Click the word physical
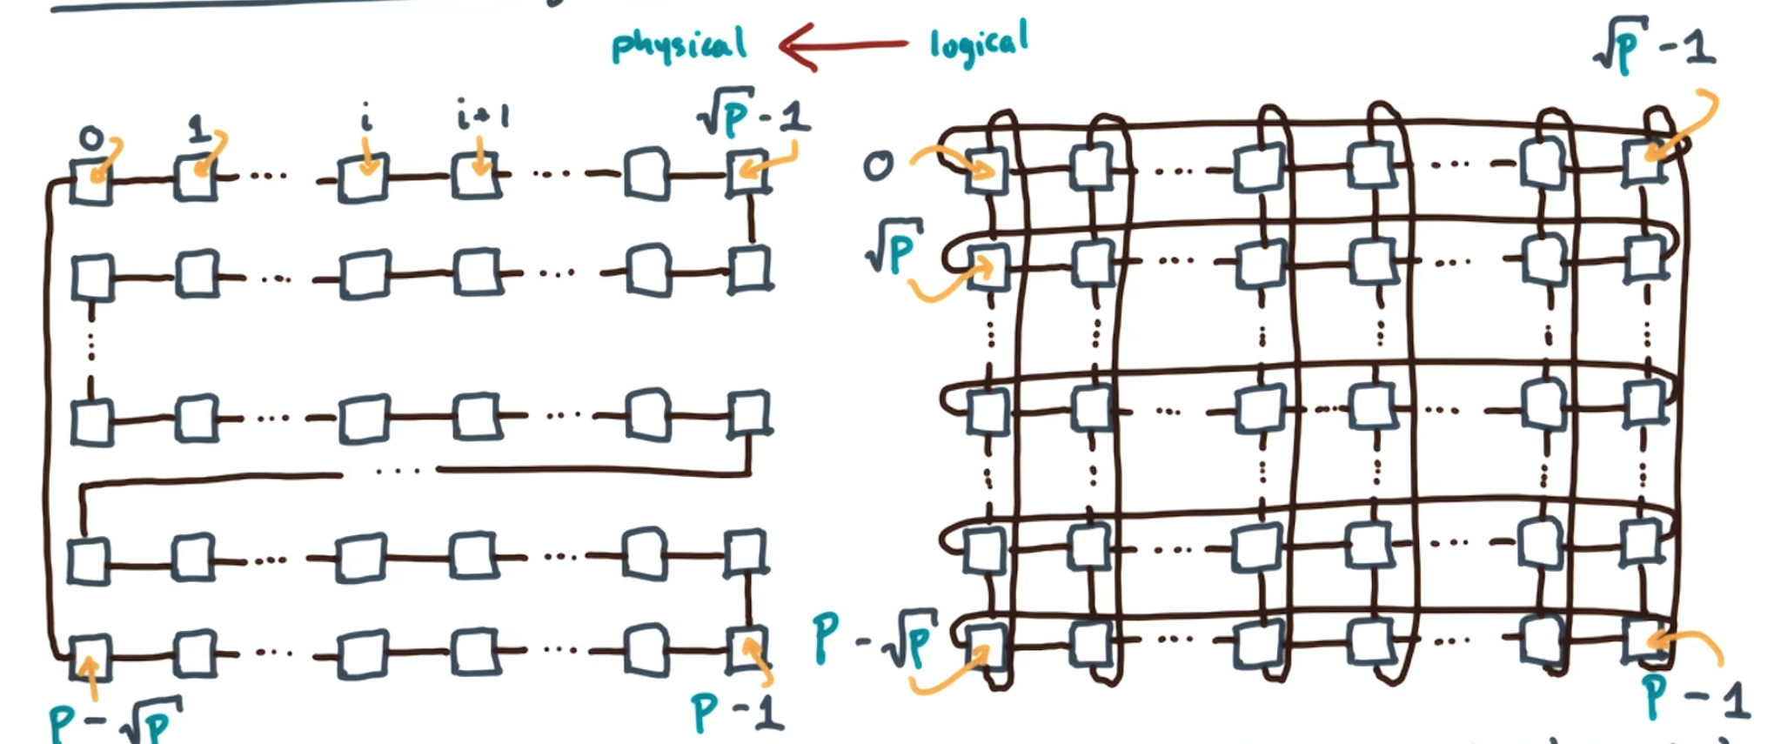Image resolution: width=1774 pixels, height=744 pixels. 679,45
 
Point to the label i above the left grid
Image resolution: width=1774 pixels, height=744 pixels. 366,117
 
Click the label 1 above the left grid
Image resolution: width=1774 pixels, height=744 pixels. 199,130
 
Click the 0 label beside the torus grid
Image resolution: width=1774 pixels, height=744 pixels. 878,165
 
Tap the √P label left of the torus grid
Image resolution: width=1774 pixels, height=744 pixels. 893,247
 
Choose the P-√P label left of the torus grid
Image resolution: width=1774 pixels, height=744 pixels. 874,640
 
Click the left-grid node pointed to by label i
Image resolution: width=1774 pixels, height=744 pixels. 363,178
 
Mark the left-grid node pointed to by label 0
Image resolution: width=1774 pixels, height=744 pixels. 91,181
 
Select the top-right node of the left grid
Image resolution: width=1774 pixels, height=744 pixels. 748,172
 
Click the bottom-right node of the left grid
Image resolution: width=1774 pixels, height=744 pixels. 746,649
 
